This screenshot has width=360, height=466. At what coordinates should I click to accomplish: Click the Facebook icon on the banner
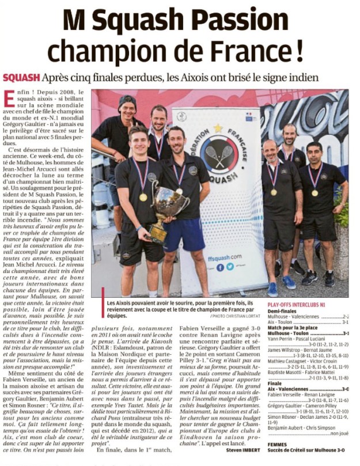point(220,267)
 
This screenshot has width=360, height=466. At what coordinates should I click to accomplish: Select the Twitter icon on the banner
point(229,267)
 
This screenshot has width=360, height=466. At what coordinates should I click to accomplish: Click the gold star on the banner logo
point(218,128)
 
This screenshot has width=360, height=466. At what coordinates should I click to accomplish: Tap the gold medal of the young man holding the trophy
point(143,196)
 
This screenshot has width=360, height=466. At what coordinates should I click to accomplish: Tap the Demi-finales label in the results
point(282,310)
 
